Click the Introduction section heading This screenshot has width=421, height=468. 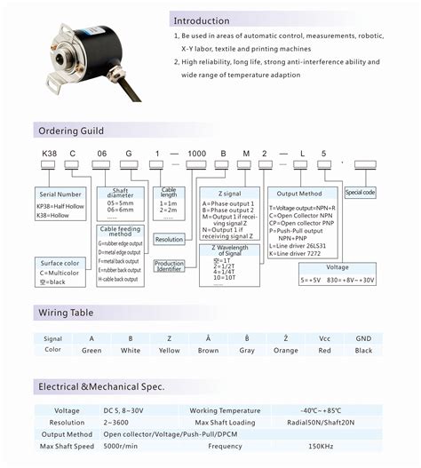tap(202, 20)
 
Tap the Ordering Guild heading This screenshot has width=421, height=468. tap(70, 131)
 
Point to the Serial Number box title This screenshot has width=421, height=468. tap(59, 193)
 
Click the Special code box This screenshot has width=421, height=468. tap(360, 192)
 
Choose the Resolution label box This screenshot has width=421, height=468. tap(169, 240)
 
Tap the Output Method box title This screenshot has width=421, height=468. tap(301, 193)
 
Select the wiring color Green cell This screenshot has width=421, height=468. tap(91, 351)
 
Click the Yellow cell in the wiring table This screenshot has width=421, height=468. tap(170, 351)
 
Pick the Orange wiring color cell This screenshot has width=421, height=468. tap(285, 351)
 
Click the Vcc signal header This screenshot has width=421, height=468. tap(324, 338)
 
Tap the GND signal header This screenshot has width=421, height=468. tap(363, 338)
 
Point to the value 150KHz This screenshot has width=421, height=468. tap(322, 447)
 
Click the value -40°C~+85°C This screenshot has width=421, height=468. tap(322, 409)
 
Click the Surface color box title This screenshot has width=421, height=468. tap(61, 263)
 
